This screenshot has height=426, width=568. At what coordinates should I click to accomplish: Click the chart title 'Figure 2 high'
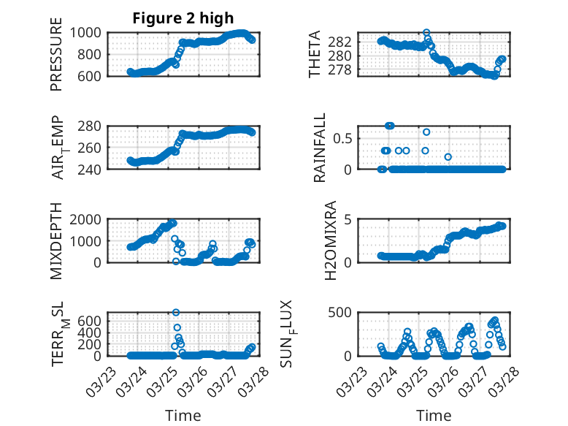183,18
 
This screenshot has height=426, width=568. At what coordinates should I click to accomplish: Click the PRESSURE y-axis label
57,58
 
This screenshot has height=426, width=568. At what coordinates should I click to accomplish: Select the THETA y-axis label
315,54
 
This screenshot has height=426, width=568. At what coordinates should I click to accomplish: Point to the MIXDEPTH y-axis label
57,240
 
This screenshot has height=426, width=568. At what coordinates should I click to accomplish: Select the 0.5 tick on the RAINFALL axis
345,137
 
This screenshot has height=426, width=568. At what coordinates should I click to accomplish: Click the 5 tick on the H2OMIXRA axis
350,219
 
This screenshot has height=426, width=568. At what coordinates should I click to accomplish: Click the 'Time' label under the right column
434,415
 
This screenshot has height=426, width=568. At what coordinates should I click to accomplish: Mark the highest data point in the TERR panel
176,312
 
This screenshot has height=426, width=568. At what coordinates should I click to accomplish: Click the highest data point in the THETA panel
427,32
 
